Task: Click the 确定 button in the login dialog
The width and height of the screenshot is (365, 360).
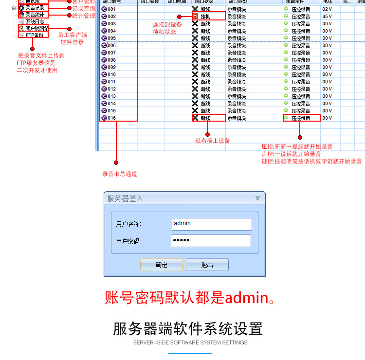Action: (161, 265)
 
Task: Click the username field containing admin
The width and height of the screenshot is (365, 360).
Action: (211, 223)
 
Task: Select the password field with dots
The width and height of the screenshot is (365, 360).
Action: (211, 240)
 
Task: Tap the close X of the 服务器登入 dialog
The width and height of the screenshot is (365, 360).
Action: (257, 198)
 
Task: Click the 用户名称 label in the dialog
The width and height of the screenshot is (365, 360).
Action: (128, 224)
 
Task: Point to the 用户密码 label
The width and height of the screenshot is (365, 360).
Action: (128, 241)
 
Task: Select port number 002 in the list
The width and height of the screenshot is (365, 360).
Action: (111, 17)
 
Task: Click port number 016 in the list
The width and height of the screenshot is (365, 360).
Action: (111, 118)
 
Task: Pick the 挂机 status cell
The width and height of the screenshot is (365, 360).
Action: (205, 17)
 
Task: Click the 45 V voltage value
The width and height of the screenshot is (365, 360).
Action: (327, 17)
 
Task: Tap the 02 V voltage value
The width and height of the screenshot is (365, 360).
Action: (327, 9)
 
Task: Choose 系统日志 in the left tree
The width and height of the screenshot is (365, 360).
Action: (35, 21)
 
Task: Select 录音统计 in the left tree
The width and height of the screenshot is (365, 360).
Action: (35, 15)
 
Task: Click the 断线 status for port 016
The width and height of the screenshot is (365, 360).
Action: (205, 118)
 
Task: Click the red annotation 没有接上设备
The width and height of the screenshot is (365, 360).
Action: (213, 141)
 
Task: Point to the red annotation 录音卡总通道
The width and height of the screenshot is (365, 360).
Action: (120, 174)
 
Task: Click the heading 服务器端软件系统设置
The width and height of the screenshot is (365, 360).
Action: (188, 328)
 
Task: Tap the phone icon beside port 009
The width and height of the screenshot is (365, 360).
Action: (104, 67)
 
